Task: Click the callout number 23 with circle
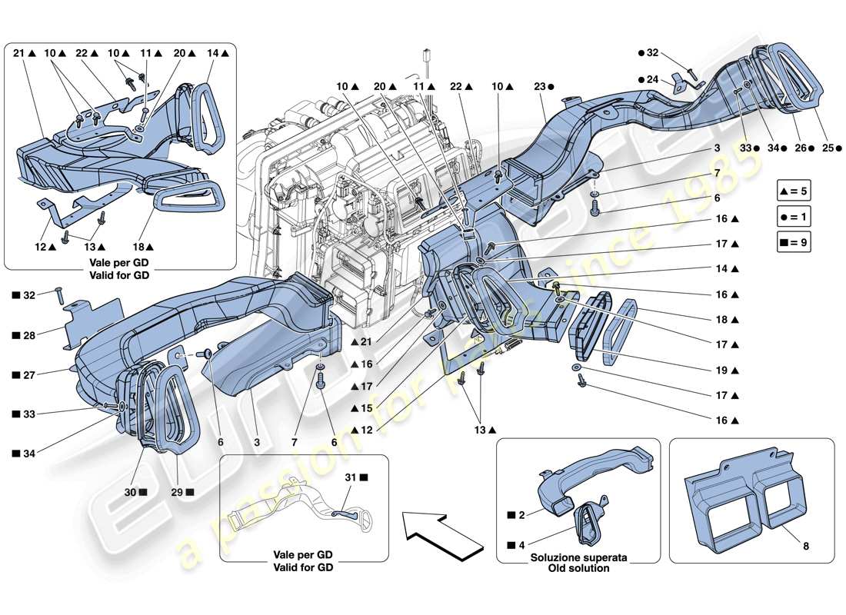541,88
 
